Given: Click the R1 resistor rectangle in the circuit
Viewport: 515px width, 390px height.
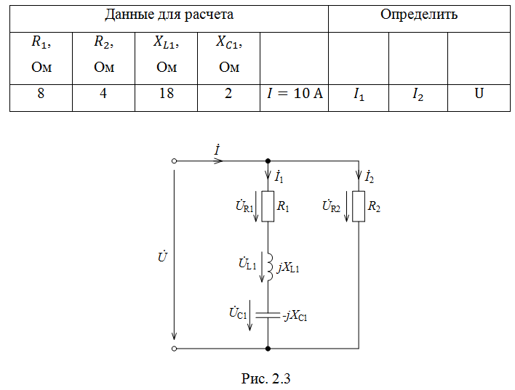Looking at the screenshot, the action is click(268, 207).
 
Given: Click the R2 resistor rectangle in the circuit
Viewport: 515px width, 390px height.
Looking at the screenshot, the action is click(359, 207).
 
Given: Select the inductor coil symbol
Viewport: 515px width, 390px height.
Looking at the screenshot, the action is click(270, 267).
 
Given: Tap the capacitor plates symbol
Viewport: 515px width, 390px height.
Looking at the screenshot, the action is click(268, 315).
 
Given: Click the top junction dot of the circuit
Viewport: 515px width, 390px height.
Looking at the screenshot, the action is click(268, 161).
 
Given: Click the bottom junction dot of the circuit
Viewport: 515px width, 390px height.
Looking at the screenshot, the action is click(268, 349).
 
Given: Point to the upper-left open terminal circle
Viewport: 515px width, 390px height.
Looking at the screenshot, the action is click(175, 161).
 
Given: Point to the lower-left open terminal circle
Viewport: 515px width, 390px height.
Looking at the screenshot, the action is click(175, 349).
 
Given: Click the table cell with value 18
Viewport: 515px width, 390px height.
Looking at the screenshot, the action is click(166, 98).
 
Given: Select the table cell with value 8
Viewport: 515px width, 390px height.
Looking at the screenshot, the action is click(41, 98).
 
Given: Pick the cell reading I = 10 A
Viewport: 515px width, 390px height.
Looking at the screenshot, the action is click(295, 98).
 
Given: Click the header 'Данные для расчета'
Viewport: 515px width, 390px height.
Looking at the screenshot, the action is click(169, 15).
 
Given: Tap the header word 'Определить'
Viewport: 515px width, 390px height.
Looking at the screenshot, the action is click(419, 15).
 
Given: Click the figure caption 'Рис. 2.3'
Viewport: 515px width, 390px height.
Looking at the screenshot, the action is click(266, 378).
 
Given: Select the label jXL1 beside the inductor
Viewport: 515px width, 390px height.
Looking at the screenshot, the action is click(288, 268).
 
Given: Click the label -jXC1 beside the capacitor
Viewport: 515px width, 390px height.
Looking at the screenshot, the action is click(295, 316).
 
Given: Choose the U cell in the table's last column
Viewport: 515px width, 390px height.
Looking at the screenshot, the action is click(479, 98).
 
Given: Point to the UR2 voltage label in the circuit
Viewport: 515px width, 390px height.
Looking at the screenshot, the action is click(331, 206).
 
